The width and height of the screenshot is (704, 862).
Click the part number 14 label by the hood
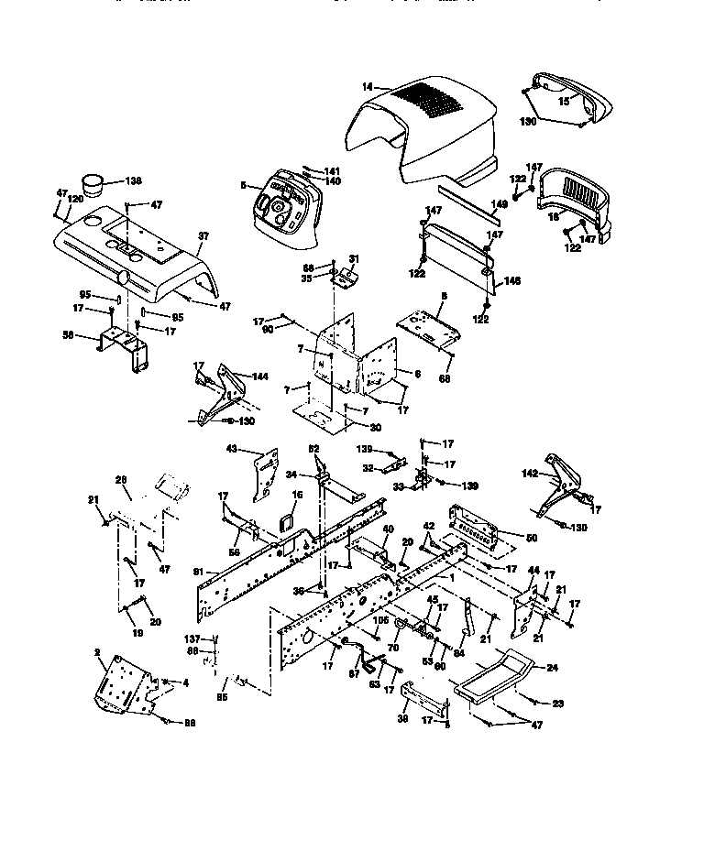pos(366,86)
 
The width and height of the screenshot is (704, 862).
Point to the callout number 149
pos(499,205)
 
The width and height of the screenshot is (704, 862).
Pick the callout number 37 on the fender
pos(203,236)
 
